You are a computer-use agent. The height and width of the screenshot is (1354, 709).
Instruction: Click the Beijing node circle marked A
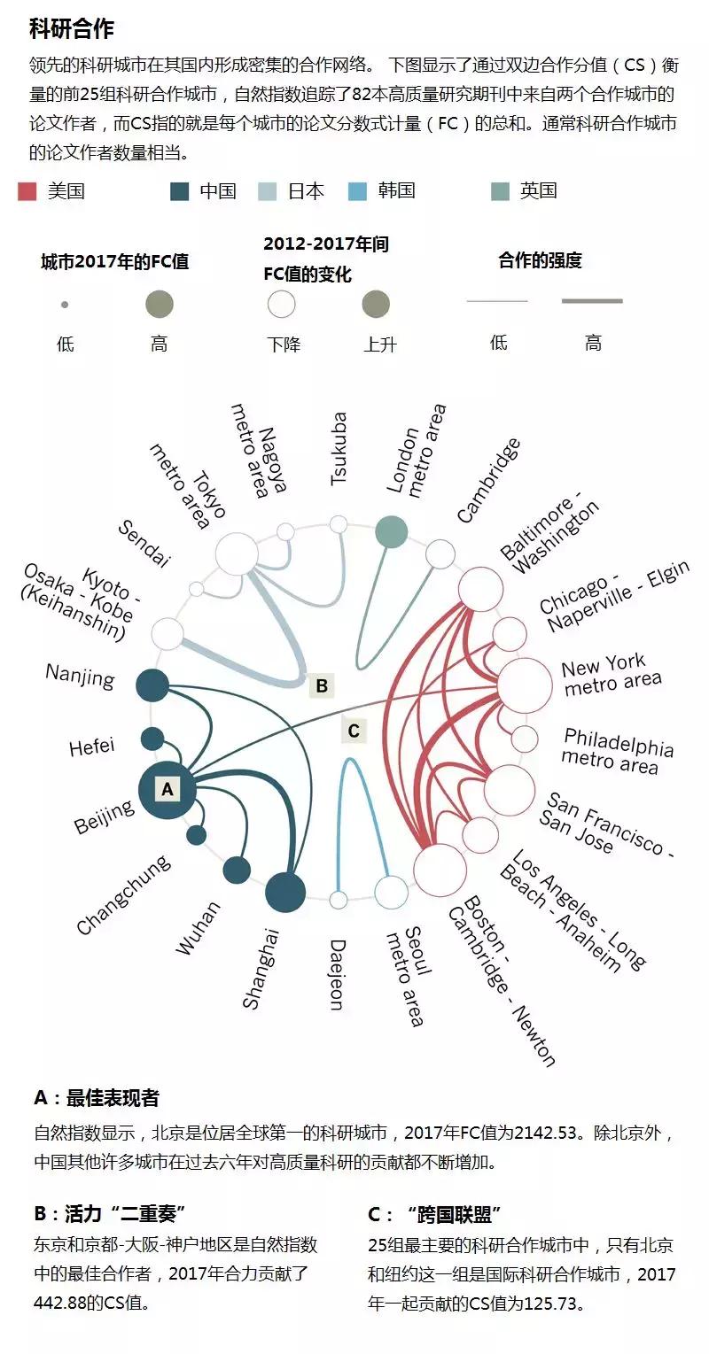[x=168, y=787]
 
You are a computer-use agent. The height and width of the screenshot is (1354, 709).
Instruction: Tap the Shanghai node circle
[x=285, y=891]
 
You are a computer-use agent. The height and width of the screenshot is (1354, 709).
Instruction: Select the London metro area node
[x=391, y=532]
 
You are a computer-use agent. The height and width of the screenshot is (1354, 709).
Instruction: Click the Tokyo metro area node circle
[x=238, y=553]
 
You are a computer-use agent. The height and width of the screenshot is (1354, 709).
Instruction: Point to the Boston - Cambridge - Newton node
[x=440, y=870]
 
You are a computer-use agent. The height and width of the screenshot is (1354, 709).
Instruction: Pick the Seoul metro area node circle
[x=391, y=891]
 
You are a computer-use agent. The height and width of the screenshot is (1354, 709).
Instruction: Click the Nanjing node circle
[x=152, y=685]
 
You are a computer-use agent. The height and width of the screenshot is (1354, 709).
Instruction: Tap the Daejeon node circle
[x=339, y=900]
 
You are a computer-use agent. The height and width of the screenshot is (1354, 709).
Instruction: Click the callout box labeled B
[x=322, y=685]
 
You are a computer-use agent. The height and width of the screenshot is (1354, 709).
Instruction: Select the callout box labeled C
[x=354, y=731]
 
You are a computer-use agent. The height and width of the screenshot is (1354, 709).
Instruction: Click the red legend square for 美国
[x=27, y=191]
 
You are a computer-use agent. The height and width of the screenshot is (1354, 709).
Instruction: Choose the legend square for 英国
[x=500, y=191]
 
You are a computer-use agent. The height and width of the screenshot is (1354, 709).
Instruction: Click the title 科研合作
[x=72, y=29]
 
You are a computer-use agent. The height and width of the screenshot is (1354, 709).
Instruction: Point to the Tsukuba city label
[x=339, y=449]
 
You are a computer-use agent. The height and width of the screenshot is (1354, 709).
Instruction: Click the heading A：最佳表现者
[x=97, y=1098]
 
